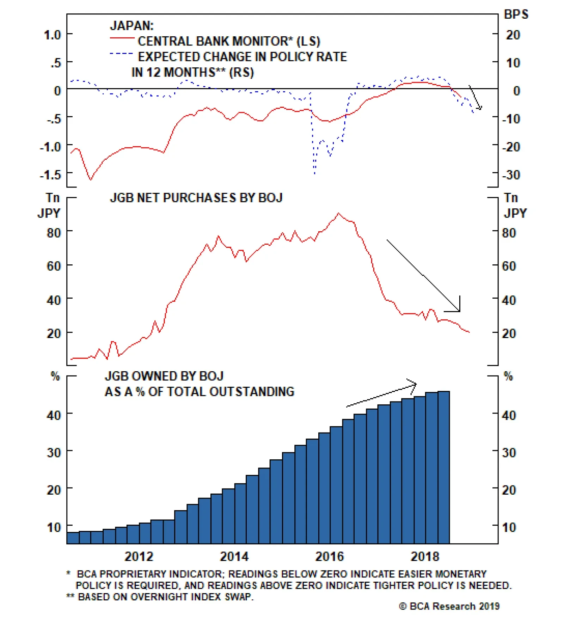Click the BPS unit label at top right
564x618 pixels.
click(x=516, y=14)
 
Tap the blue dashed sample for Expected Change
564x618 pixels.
click(x=121, y=54)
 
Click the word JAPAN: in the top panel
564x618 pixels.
click(x=131, y=26)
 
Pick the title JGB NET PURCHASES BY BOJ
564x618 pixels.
click(x=196, y=198)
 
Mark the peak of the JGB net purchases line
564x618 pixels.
click(x=338, y=213)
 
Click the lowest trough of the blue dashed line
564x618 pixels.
click(x=314, y=173)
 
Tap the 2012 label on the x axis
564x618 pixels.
click(x=139, y=557)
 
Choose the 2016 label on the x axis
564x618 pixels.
click(x=329, y=557)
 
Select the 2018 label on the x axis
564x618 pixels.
click(x=425, y=557)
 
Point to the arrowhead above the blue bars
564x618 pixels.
click(x=415, y=384)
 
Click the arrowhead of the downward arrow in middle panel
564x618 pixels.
click(x=459, y=311)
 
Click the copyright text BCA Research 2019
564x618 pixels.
click(x=449, y=606)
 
